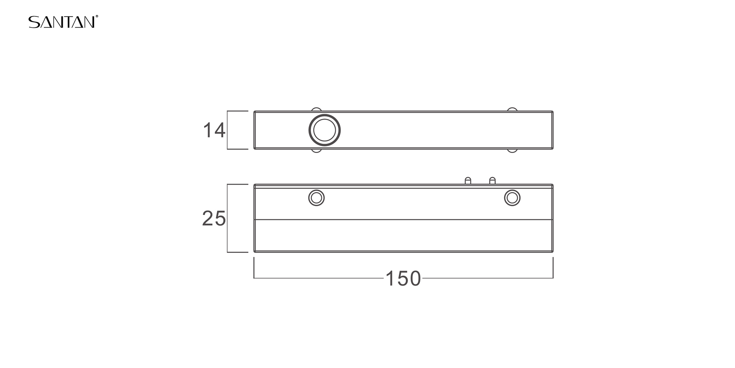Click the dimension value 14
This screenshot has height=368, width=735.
214,130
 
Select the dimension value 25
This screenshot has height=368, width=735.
214,219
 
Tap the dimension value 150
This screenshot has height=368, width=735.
403,279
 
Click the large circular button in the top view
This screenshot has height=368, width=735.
325,130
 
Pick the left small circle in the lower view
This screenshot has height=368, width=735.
317,198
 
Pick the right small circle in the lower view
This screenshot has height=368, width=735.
512,198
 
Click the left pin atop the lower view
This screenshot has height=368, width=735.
468,181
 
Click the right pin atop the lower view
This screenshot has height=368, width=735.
493,181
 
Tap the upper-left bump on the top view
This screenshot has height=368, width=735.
316,109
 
